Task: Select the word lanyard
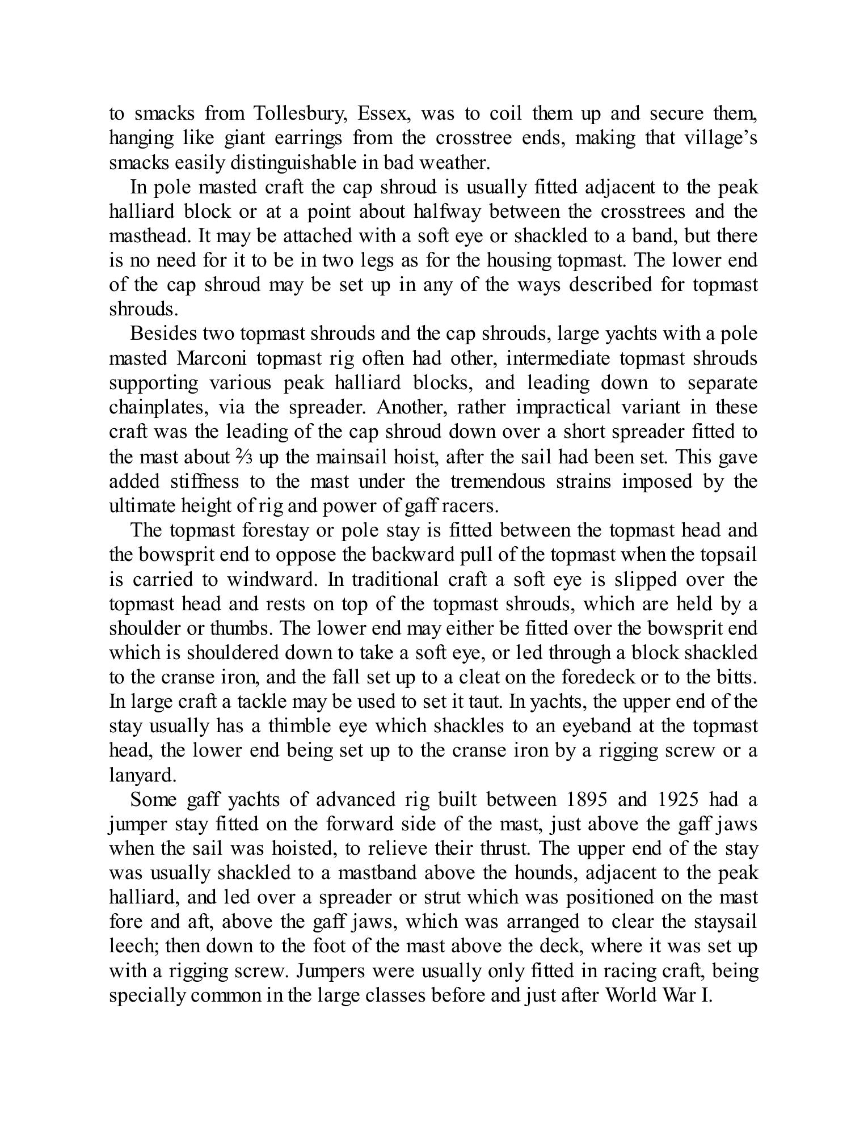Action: coord(142,775)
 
